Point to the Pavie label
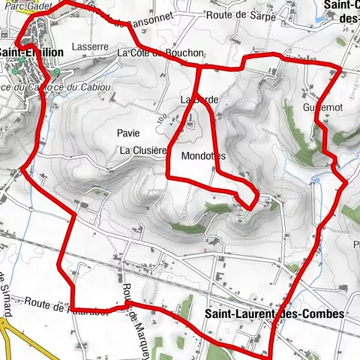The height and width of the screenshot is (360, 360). coord(128,133)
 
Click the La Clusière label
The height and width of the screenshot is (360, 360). coord(142,151)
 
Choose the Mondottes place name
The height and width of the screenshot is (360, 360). coord(203,156)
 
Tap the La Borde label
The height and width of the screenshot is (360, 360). coord(193,99)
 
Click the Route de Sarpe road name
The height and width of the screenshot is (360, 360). coord(233,14)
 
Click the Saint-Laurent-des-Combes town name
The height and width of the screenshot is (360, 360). coord(274,313)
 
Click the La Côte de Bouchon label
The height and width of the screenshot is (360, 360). coord(160,53)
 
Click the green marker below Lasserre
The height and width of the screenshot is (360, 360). coord(57,73)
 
